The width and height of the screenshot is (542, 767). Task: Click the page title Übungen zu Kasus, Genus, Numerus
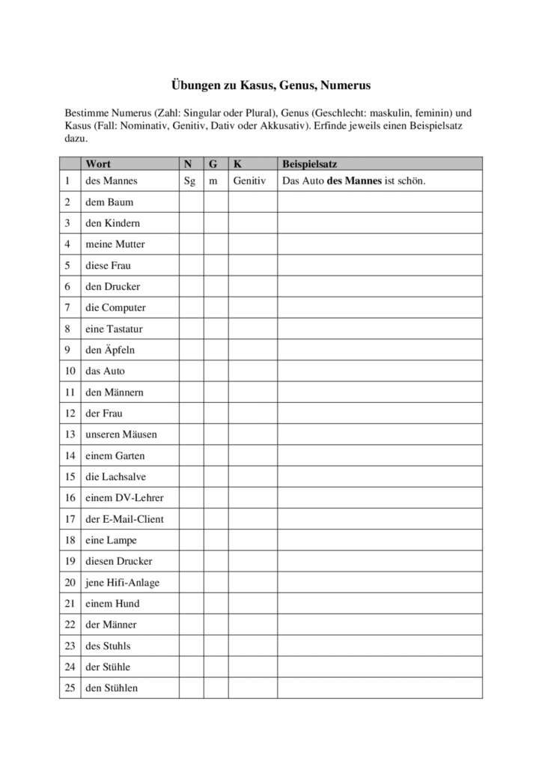tap(271, 85)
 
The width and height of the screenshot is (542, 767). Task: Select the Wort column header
tap(98, 163)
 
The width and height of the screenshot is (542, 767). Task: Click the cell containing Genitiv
tap(249, 181)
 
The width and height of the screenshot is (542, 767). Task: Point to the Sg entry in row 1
tap(189, 181)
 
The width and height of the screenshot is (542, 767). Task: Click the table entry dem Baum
tap(109, 202)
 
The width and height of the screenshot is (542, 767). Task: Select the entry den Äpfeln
tap(110, 350)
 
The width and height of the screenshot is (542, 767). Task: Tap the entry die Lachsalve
tap(114, 476)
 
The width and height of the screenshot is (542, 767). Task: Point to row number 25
tap(70, 688)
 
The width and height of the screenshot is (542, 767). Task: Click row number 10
tap(70, 371)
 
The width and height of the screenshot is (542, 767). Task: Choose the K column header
tap(237, 163)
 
